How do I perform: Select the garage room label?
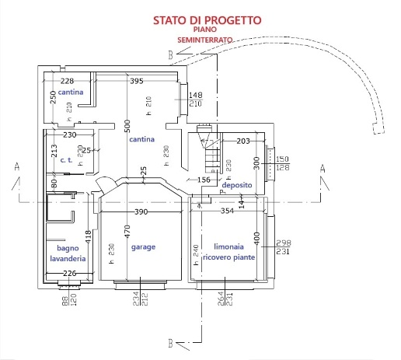point(143,246)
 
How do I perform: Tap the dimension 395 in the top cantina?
point(137,81)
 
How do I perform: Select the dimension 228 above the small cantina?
point(67,81)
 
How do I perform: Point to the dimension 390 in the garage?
point(141,211)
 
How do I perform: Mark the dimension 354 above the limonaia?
point(227,211)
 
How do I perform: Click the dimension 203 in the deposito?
point(242,141)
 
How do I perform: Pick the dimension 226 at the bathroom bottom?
point(69,273)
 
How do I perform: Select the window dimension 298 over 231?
point(284,247)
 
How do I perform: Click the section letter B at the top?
point(169,54)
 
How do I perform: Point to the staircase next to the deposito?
point(209,152)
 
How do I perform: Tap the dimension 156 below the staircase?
point(204,180)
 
